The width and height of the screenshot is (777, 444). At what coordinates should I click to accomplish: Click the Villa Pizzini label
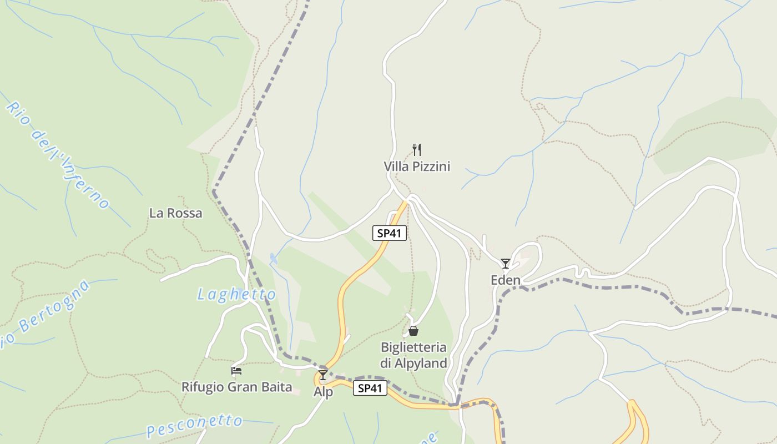coord(417,167)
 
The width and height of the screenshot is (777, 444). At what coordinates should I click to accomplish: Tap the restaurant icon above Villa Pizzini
coord(417,149)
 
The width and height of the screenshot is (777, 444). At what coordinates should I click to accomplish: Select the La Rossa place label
coord(176,213)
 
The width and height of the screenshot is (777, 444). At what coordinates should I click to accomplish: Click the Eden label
coord(506,280)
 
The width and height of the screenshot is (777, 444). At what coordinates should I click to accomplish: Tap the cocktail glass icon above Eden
coord(506,263)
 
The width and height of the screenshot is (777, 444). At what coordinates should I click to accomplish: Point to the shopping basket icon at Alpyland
coord(413,331)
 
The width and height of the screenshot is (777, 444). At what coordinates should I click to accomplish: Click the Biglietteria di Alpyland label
coord(413,355)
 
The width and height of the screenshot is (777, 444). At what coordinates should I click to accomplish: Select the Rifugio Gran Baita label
coord(237,387)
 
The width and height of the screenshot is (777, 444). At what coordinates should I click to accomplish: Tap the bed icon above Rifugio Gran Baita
coord(237,370)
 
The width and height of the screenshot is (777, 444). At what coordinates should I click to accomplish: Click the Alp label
coord(324,392)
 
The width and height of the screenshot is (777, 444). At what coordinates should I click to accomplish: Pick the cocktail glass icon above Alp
coord(323,375)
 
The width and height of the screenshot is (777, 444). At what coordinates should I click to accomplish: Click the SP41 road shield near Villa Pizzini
coord(389,234)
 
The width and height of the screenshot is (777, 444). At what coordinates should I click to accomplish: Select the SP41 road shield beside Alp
coord(370,389)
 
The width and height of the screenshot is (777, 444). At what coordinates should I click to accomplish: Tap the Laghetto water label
coord(237,295)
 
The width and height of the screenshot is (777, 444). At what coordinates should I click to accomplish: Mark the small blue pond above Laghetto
coord(273,258)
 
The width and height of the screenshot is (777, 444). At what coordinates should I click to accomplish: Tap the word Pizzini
coord(430,167)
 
